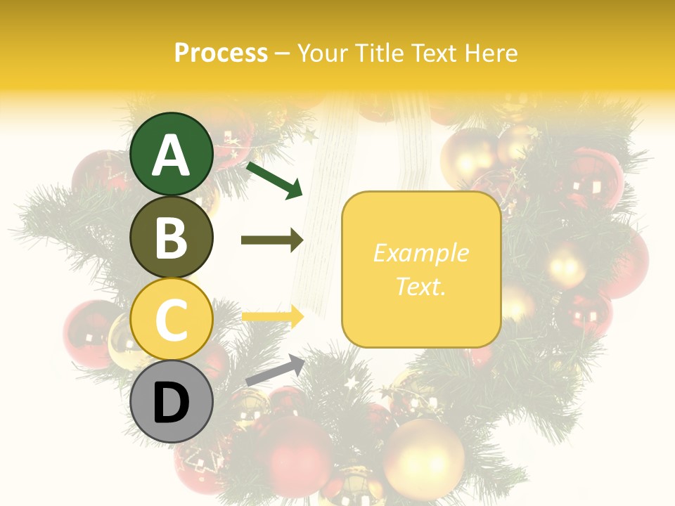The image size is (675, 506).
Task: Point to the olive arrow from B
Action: (x=272, y=240)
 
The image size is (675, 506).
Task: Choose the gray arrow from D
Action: (x=275, y=370)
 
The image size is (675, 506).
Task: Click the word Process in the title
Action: (x=221, y=53)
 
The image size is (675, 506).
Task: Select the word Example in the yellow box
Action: (x=420, y=253)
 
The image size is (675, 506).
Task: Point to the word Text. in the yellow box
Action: (x=420, y=286)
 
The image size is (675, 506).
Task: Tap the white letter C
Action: (x=172, y=320)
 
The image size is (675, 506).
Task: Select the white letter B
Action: (x=172, y=238)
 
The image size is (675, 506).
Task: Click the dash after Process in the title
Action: (x=282, y=54)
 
